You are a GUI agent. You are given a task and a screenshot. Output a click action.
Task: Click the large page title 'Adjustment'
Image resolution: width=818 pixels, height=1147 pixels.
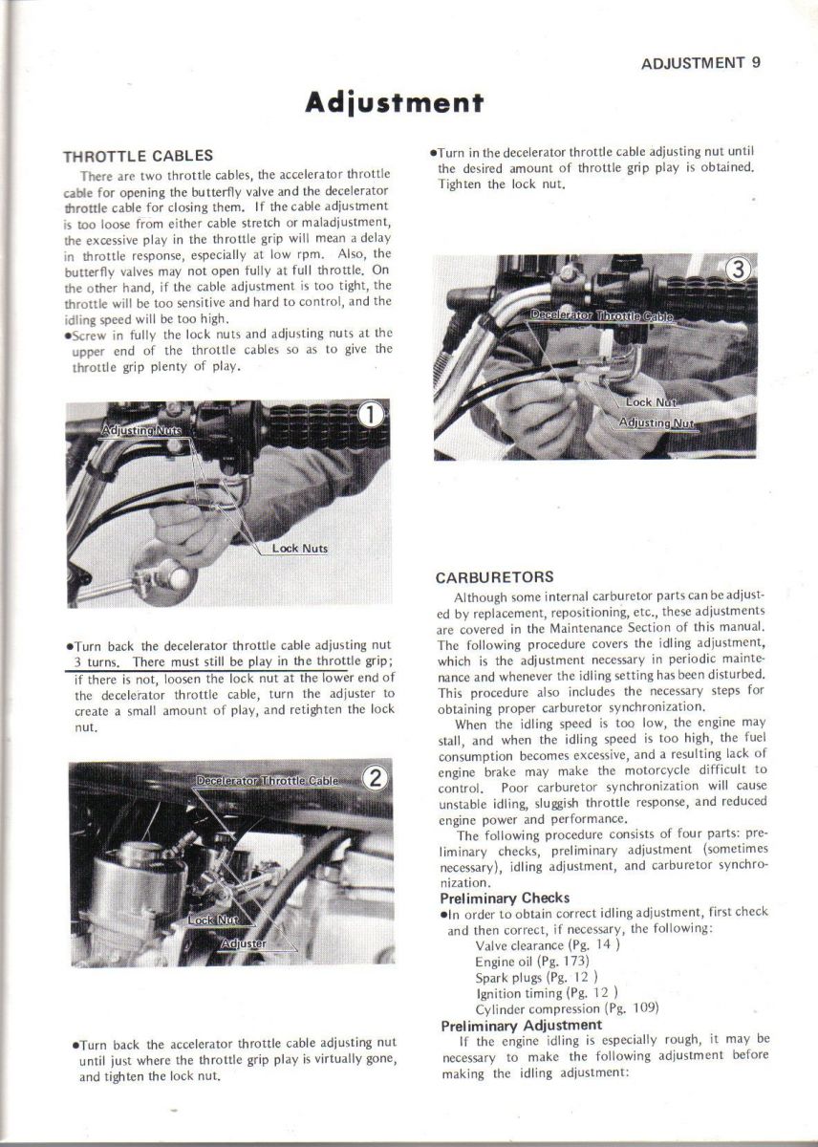tap(394, 102)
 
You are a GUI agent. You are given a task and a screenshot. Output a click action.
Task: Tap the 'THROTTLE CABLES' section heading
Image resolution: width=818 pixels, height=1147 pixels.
tap(138, 156)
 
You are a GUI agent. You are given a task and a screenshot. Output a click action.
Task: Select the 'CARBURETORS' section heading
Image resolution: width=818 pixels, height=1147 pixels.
tap(494, 578)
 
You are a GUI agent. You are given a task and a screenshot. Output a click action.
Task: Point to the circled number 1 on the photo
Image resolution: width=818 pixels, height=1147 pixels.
tap(371, 415)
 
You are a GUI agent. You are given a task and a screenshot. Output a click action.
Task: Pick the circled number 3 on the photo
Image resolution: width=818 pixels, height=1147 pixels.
tap(736, 271)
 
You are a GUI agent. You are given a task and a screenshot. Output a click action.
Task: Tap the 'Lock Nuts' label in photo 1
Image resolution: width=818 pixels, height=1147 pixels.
tap(300, 549)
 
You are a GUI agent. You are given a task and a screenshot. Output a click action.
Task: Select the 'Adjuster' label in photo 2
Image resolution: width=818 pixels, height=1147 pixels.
tap(244, 943)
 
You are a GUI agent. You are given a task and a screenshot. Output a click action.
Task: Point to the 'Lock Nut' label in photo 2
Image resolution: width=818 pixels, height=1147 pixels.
tap(213, 920)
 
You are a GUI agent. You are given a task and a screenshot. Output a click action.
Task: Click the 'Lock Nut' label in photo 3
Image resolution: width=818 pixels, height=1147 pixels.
tap(651, 402)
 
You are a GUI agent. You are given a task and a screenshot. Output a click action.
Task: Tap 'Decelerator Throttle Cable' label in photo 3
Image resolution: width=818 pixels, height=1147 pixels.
tap(602, 315)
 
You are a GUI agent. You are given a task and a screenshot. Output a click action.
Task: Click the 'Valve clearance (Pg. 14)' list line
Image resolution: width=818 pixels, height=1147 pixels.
tap(549, 945)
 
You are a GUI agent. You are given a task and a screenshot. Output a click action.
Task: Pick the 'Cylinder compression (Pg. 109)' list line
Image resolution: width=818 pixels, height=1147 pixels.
tap(567, 1008)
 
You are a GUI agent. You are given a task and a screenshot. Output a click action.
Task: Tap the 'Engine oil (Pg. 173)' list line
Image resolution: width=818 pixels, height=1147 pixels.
tap(532, 961)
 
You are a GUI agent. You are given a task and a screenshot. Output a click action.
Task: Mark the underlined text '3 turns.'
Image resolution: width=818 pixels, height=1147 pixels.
tap(97, 662)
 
